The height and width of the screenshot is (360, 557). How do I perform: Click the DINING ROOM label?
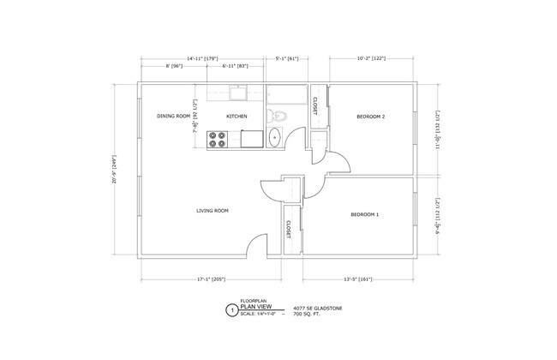172,116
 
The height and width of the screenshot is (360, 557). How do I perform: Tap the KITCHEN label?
237,116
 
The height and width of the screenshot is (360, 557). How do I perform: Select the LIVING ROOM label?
212,210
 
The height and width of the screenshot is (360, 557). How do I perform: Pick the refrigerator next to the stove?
251,137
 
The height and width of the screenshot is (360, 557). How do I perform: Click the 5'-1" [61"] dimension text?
286,60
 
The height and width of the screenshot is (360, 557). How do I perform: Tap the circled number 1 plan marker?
229,311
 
